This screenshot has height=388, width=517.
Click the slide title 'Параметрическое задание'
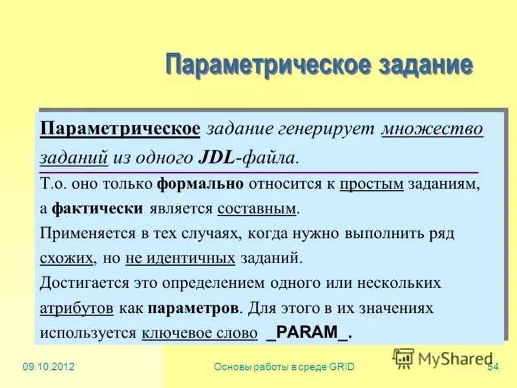319,66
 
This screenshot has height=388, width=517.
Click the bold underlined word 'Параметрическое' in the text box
120,128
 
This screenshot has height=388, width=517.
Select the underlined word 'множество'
432,128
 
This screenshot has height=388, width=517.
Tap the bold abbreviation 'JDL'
215,156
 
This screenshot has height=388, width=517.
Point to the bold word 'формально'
200,184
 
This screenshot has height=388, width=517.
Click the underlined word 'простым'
372,184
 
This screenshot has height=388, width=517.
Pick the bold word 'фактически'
97,208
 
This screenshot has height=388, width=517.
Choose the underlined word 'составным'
257,208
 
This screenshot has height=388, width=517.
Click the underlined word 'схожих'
67,258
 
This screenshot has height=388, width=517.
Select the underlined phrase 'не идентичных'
180,258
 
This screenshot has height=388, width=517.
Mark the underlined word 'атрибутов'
76,308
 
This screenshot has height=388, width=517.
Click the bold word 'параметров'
194,308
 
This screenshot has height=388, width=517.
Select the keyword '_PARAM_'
308,333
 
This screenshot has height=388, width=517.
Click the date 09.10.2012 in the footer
48,367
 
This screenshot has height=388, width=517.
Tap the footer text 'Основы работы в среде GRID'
283,367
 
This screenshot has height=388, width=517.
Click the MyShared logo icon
403,358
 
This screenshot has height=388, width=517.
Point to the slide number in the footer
492,367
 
